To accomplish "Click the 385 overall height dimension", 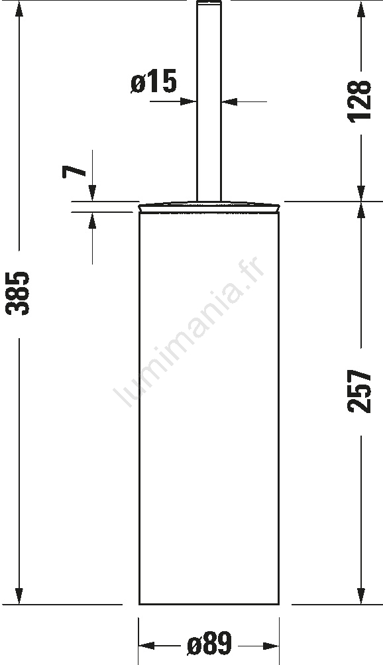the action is coord(18,294).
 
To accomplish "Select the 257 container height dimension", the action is coord(359,391).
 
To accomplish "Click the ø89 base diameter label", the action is coord(209,643).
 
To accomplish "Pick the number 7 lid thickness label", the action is coord(74,171).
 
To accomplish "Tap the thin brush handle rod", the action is coord(209,101).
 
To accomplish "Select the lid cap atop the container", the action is coord(209,206).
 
